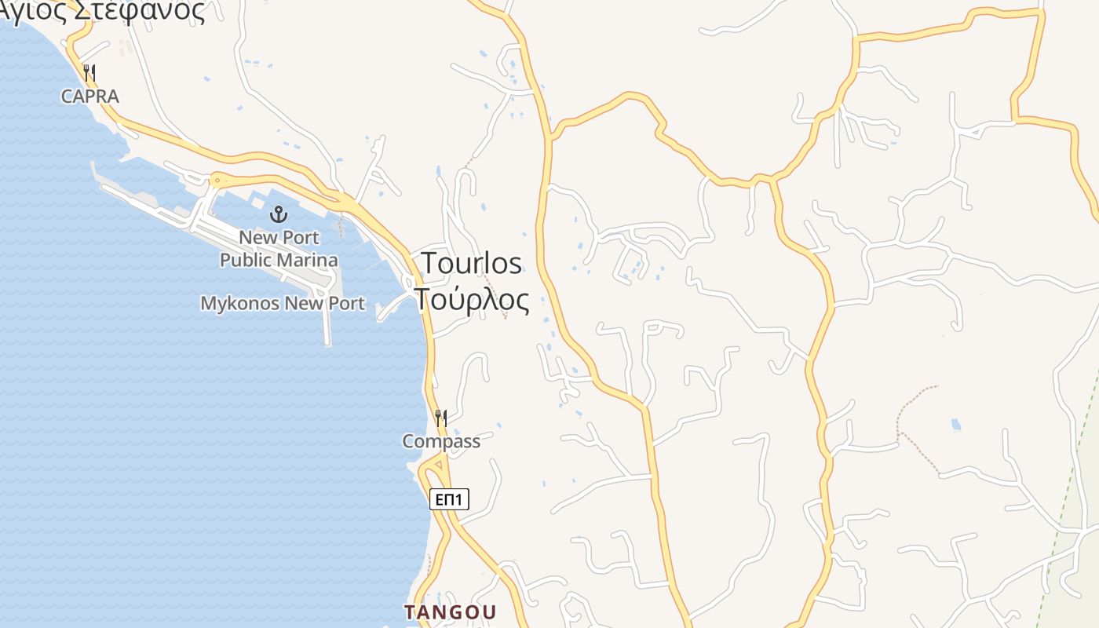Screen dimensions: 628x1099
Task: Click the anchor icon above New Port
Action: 279,214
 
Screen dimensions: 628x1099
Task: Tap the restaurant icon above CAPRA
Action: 90,74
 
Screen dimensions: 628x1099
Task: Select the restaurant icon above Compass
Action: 441,418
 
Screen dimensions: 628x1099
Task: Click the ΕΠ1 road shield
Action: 449,499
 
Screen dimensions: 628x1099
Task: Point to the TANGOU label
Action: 450,612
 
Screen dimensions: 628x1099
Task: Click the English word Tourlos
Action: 471,264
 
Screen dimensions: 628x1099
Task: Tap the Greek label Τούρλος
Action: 471,299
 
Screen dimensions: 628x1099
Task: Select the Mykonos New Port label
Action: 283,304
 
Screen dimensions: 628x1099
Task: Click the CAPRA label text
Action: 90,97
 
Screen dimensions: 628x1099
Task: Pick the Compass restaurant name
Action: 441,441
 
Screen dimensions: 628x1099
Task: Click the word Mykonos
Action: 240,304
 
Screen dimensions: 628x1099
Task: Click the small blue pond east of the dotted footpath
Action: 955,425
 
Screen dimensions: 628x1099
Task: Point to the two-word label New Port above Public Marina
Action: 279,237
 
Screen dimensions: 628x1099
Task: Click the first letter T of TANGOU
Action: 409,612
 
